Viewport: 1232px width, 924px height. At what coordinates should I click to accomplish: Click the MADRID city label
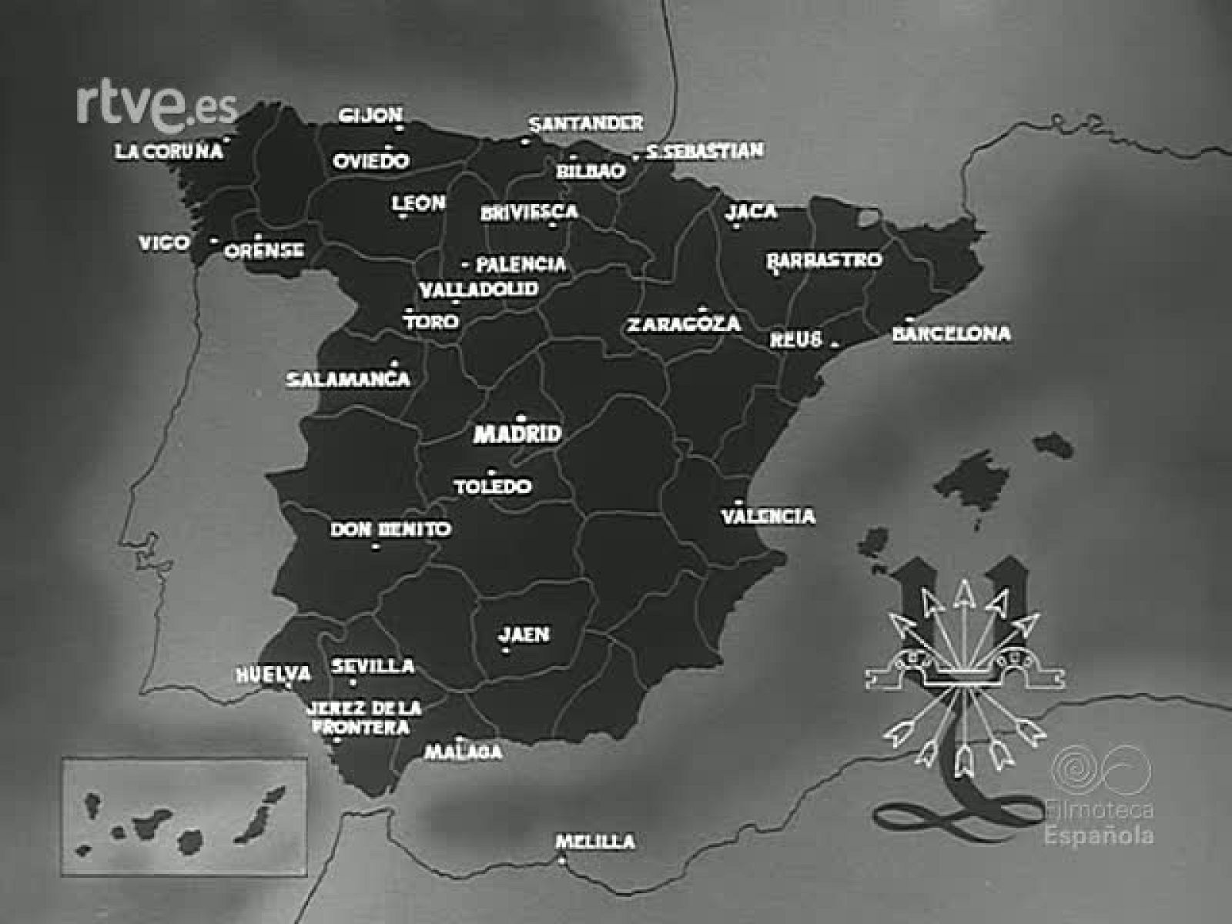[x=517, y=434]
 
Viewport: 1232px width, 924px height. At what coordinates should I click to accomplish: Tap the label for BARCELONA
[x=952, y=333]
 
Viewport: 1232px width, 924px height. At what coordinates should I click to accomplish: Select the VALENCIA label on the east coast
[x=768, y=515]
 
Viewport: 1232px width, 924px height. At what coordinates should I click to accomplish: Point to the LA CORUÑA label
[x=169, y=151]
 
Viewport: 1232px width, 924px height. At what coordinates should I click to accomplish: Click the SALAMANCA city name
[x=348, y=380]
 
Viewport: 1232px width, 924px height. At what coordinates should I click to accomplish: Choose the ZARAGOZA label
[x=683, y=324]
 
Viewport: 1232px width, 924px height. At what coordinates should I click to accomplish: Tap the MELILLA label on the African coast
[x=595, y=842]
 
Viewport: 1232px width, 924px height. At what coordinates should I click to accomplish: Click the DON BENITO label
[x=390, y=530]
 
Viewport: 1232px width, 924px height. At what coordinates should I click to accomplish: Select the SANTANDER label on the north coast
[x=586, y=123]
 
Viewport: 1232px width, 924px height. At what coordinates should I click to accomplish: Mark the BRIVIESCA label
[x=529, y=212]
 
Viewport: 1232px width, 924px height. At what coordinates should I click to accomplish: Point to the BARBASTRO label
[x=824, y=259]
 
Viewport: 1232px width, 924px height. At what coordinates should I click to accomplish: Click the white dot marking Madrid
[x=521, y=418]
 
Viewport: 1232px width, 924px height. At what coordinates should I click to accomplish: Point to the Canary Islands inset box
[x=185, y=817]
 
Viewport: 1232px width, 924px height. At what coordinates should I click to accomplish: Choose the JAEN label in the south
[x=524, y=634]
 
